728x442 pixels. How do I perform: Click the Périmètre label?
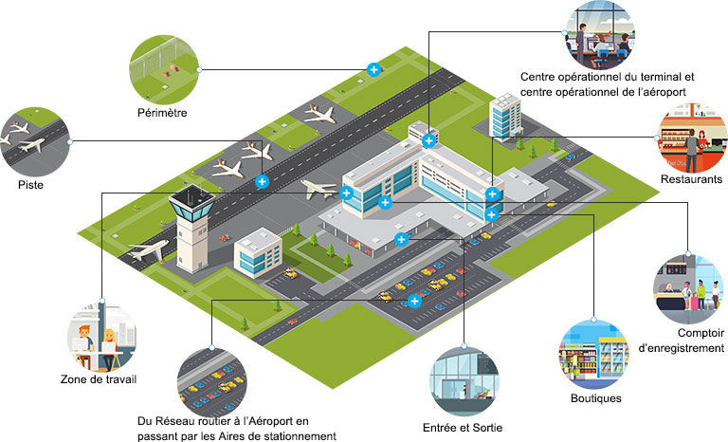161,113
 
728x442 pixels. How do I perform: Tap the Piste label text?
30,185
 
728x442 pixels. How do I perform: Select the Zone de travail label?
98,381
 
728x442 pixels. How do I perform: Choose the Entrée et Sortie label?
462,428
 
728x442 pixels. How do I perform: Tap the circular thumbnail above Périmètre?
162,67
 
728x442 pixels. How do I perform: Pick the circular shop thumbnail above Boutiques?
593,350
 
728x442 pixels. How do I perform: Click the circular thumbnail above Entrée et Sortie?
464,380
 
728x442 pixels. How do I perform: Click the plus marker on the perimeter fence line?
374,68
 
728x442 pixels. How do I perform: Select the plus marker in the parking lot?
414,302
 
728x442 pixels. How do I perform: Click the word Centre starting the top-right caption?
542,76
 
